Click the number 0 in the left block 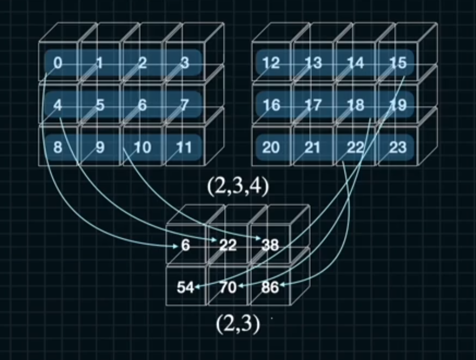coord(58,63)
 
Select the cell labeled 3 coord(185,63)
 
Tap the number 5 coord(100,106)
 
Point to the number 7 coord(185,106)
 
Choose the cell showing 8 coord(58,148)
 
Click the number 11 coord(184,148)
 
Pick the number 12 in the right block coord(271,63)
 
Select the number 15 coord(398,63)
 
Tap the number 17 coord(313,106)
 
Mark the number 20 coord(271,148)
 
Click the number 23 coord(398,148)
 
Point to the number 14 coord(356,63)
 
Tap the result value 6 coord(185,246)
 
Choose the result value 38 coord(270,246)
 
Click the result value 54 coord(185,288)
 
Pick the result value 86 coord(270,288)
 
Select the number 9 coord(100,148)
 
